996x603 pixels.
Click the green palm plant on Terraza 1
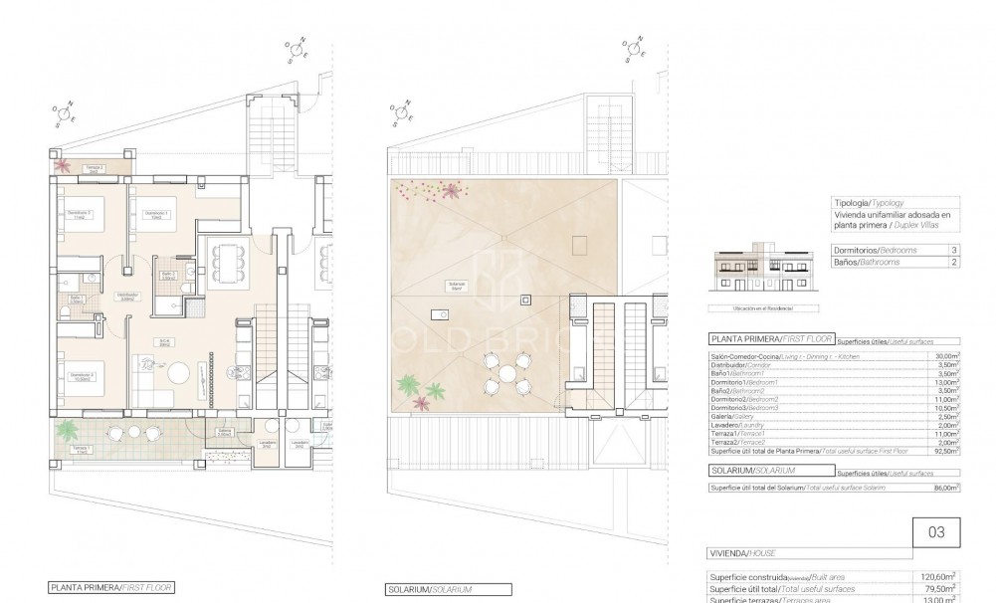coord(67,430)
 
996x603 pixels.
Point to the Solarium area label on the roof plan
coord(457,285)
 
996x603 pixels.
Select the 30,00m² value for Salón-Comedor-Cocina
coord(946,355)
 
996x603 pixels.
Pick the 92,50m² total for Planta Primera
coord(946,451)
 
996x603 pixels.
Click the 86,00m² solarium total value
coord(946,488)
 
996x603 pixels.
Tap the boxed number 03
coord(935,532)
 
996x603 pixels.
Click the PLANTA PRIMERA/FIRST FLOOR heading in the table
coord(770,339)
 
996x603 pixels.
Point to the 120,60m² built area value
coord(941,576)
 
